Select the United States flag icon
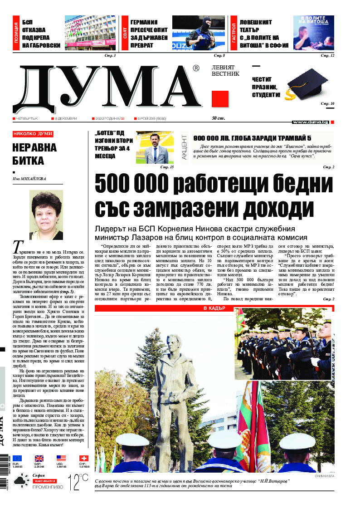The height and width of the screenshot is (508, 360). (61, 458)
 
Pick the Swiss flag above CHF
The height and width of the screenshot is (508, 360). (83, 458)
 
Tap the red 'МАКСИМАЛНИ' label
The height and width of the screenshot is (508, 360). (44, 480)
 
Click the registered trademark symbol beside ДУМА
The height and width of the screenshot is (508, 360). (196, 68)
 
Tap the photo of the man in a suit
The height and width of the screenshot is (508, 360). (155, 147)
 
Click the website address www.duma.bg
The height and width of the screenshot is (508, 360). (311, 122)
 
